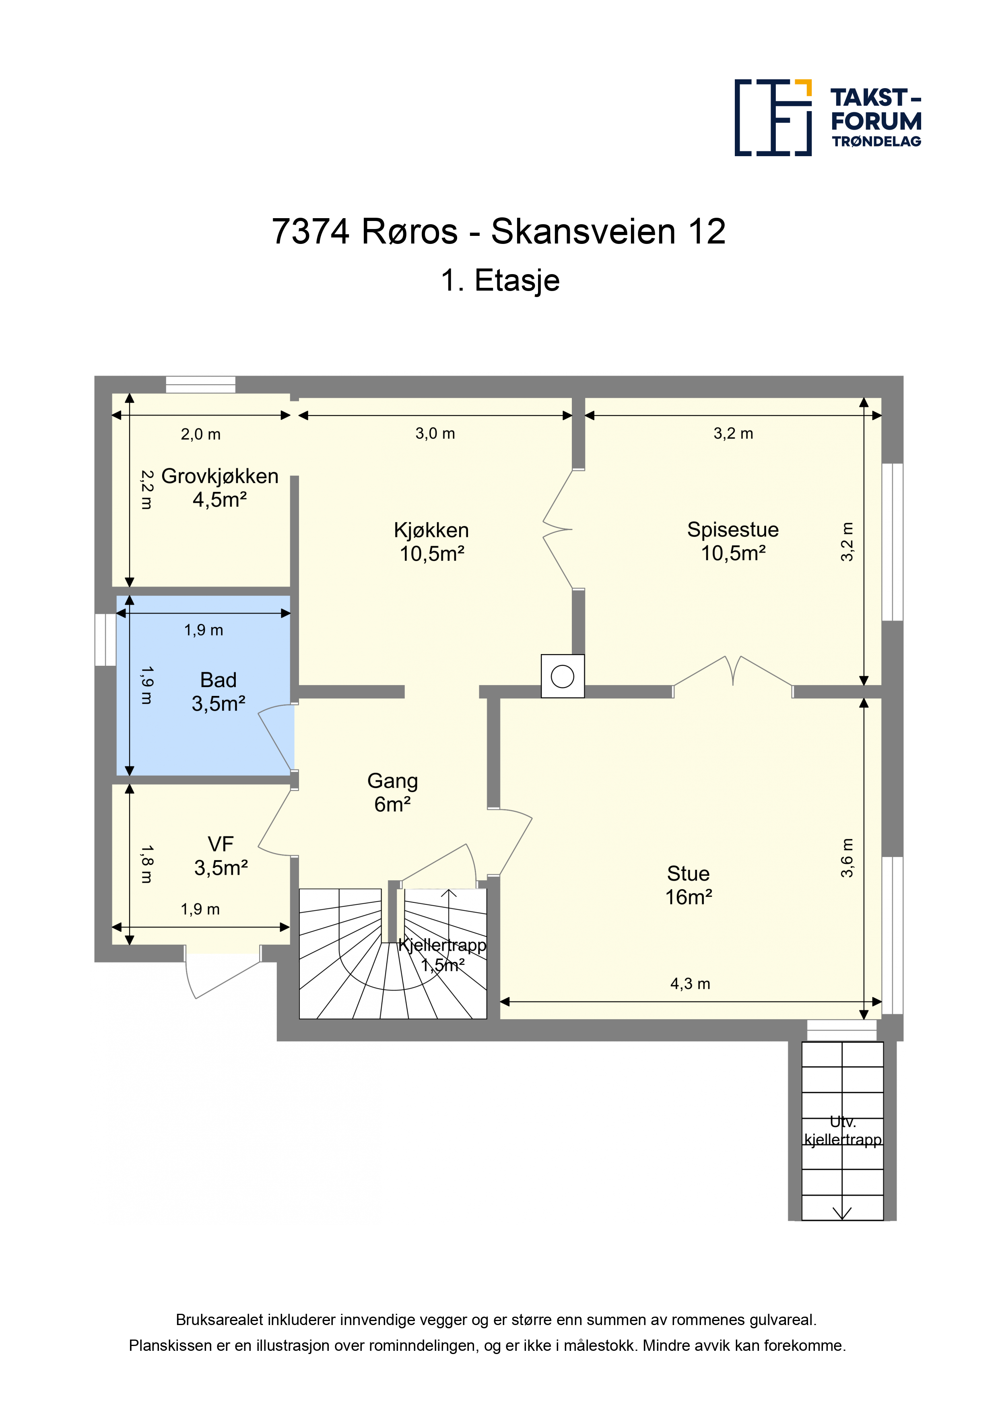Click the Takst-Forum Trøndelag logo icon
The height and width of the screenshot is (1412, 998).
click(x=773, y=118)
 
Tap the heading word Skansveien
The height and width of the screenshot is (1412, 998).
click(x=583, y=232)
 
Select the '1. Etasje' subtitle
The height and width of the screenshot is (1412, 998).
click(x=500, y=281)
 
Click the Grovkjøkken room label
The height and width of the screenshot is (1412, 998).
click(x=220, y=476)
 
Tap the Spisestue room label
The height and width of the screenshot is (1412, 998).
click(x=733, y=530)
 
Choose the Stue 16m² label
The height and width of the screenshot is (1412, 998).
click(x=689, y=885)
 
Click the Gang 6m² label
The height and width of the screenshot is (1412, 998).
click(x=392, y=792)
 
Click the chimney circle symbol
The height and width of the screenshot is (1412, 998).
click(x=563, y=677)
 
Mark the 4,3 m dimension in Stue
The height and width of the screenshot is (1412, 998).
click(x=690, y=984)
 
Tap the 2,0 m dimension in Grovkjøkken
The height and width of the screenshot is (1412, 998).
click(x=200, y=434)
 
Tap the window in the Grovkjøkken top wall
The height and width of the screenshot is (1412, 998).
click(x=200, y=384)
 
